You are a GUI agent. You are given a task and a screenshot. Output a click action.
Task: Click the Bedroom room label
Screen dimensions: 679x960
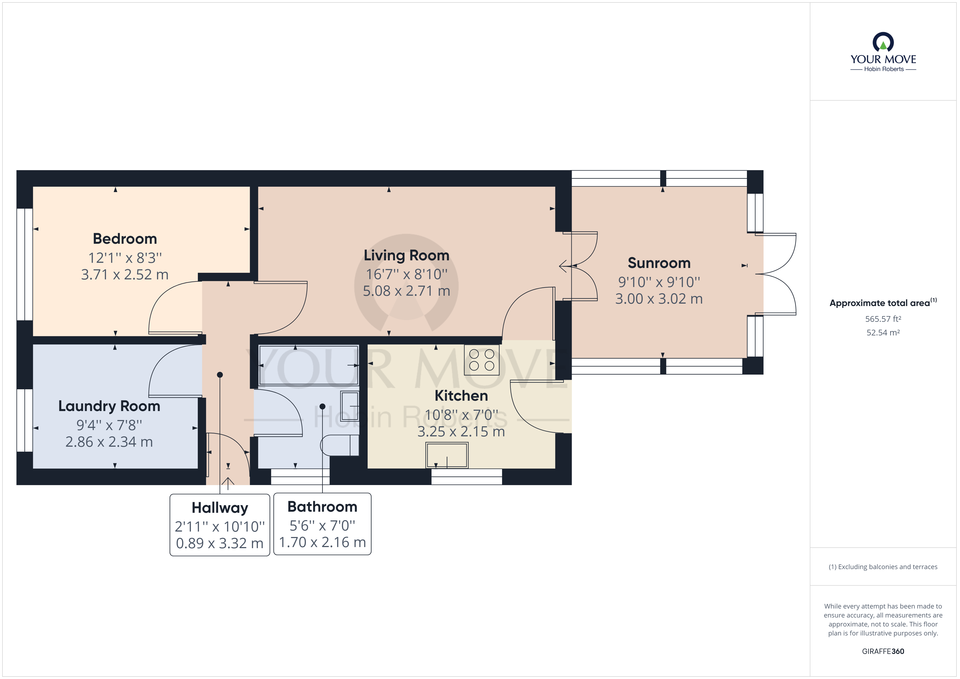[x=125, y=239]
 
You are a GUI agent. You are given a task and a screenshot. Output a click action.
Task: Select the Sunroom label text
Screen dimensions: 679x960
[x=659, y=263]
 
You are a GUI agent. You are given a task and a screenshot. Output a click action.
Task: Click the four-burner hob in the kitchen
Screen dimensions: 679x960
[x=482, y=360]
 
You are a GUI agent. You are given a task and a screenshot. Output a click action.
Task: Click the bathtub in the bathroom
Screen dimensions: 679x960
[x=309, y=365]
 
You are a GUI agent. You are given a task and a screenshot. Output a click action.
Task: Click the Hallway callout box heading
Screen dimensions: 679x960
[x=220, y=508]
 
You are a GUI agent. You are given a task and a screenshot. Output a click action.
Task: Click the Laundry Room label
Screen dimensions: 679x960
[x=109, y=406]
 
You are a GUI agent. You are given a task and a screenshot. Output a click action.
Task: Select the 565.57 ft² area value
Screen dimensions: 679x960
[x=883, y=319]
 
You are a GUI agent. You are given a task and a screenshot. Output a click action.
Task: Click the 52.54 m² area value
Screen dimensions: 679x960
[x=883, y=333]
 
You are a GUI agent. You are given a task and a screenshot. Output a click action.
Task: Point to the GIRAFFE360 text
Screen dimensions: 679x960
[x=883, y=652]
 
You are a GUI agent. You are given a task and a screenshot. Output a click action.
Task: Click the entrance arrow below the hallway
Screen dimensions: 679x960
[x=228, y=483]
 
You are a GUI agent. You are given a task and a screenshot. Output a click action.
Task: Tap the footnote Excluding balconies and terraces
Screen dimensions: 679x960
[x=883, y=567]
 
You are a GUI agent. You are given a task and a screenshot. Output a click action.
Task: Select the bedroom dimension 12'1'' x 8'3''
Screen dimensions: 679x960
[x=125, y=258]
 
